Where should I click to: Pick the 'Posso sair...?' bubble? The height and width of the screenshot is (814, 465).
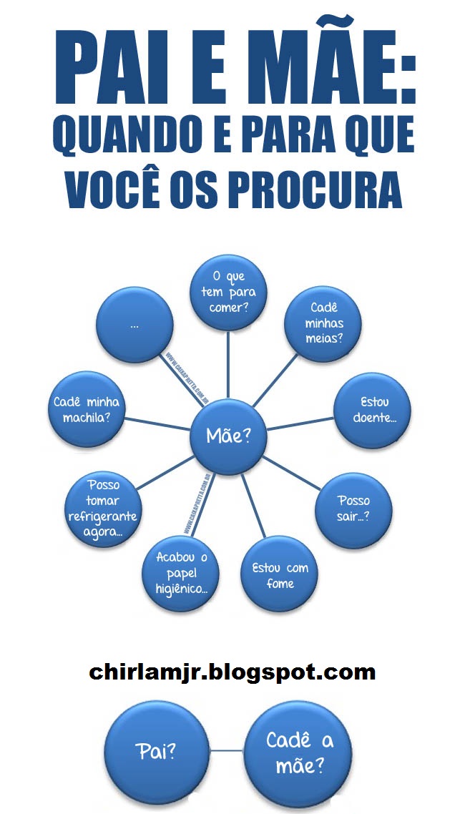[353, 507]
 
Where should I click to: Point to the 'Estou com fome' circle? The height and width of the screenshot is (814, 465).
[280, 574]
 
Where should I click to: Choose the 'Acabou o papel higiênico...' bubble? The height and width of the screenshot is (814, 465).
[181, 572]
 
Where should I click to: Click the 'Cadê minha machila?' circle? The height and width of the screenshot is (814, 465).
[86, 408]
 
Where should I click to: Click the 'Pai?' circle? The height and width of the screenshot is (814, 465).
[156, 750]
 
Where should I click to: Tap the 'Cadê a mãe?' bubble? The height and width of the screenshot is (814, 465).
[300, 750]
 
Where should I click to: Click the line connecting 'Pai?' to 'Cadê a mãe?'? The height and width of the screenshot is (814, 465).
[227, 750]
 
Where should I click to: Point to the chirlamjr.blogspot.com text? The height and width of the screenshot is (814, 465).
[232, 672]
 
